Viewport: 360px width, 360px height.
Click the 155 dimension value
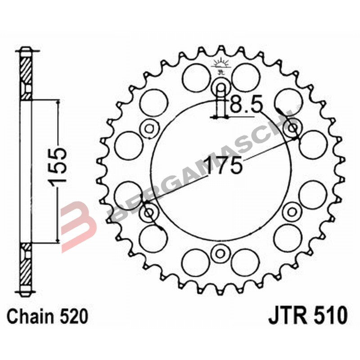click(58, 166)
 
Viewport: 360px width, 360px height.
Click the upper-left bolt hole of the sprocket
click(148, 129)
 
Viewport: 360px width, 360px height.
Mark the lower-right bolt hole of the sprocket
click(292, 211)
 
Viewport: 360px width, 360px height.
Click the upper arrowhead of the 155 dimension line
click(58, 103)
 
